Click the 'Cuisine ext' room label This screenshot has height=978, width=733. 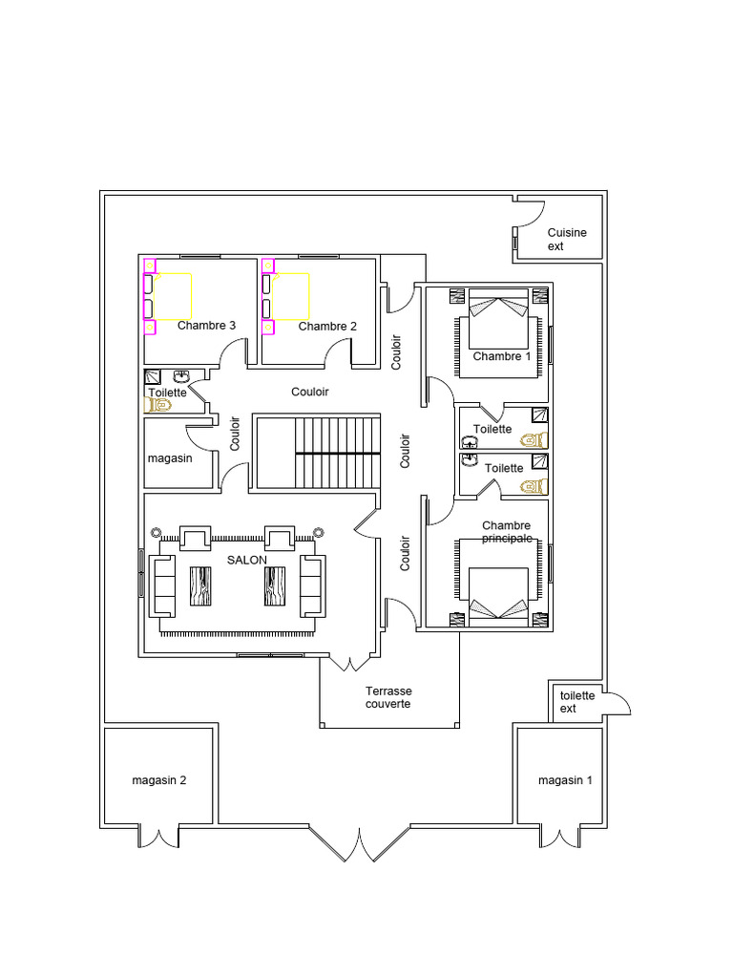[x=567, y=239]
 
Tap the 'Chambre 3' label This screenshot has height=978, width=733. [x=206, y=325]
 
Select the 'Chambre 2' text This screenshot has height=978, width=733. [x=327, y=327]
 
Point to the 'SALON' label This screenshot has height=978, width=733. [x=247, y=560]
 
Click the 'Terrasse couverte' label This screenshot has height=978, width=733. [x=388, y=697]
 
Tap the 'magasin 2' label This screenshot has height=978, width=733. [x=159, y=780]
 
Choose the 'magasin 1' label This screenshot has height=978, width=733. [x=565, y=780]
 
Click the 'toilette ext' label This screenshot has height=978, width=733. [x=577, y=702]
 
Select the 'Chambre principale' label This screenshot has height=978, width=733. [x=507, y=531]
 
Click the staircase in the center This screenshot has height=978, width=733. [x=319, y=452]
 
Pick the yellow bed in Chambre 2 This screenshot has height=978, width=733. [x=290, y=296]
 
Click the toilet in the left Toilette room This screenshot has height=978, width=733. [x=158, y=405]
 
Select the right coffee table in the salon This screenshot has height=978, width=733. [x=275, y=586]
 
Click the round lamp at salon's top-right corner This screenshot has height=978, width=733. [x=319, y=532]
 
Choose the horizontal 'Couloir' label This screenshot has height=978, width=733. [x=310, y=392]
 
